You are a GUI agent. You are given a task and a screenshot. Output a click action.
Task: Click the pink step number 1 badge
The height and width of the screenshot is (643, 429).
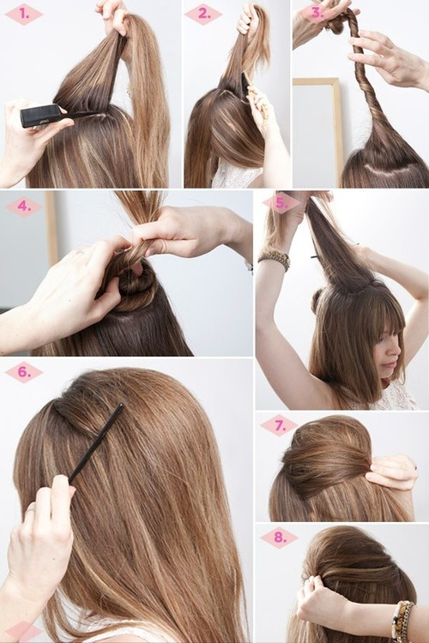click(23, 14)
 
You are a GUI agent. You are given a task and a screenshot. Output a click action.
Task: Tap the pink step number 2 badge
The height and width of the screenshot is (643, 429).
click(204, 14)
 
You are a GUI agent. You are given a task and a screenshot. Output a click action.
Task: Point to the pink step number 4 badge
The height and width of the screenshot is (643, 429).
click(23, 207)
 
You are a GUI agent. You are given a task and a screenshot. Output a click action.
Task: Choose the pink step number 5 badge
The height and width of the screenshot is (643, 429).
click(280, 203)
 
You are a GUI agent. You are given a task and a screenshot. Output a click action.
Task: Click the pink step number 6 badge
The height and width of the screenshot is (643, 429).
click(23, 372)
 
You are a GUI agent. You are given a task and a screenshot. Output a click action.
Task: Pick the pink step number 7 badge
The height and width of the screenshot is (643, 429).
click(279, 426)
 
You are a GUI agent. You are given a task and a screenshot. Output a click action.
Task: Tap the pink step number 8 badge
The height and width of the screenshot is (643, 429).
click(279, 538)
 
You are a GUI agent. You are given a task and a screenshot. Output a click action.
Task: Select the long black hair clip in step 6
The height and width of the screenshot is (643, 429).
click(97, 442)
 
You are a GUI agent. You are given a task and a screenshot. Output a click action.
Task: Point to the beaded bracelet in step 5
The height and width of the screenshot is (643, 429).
click(275, 258)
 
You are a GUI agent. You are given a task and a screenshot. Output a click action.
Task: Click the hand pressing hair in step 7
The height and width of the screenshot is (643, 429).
click(392, 472)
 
